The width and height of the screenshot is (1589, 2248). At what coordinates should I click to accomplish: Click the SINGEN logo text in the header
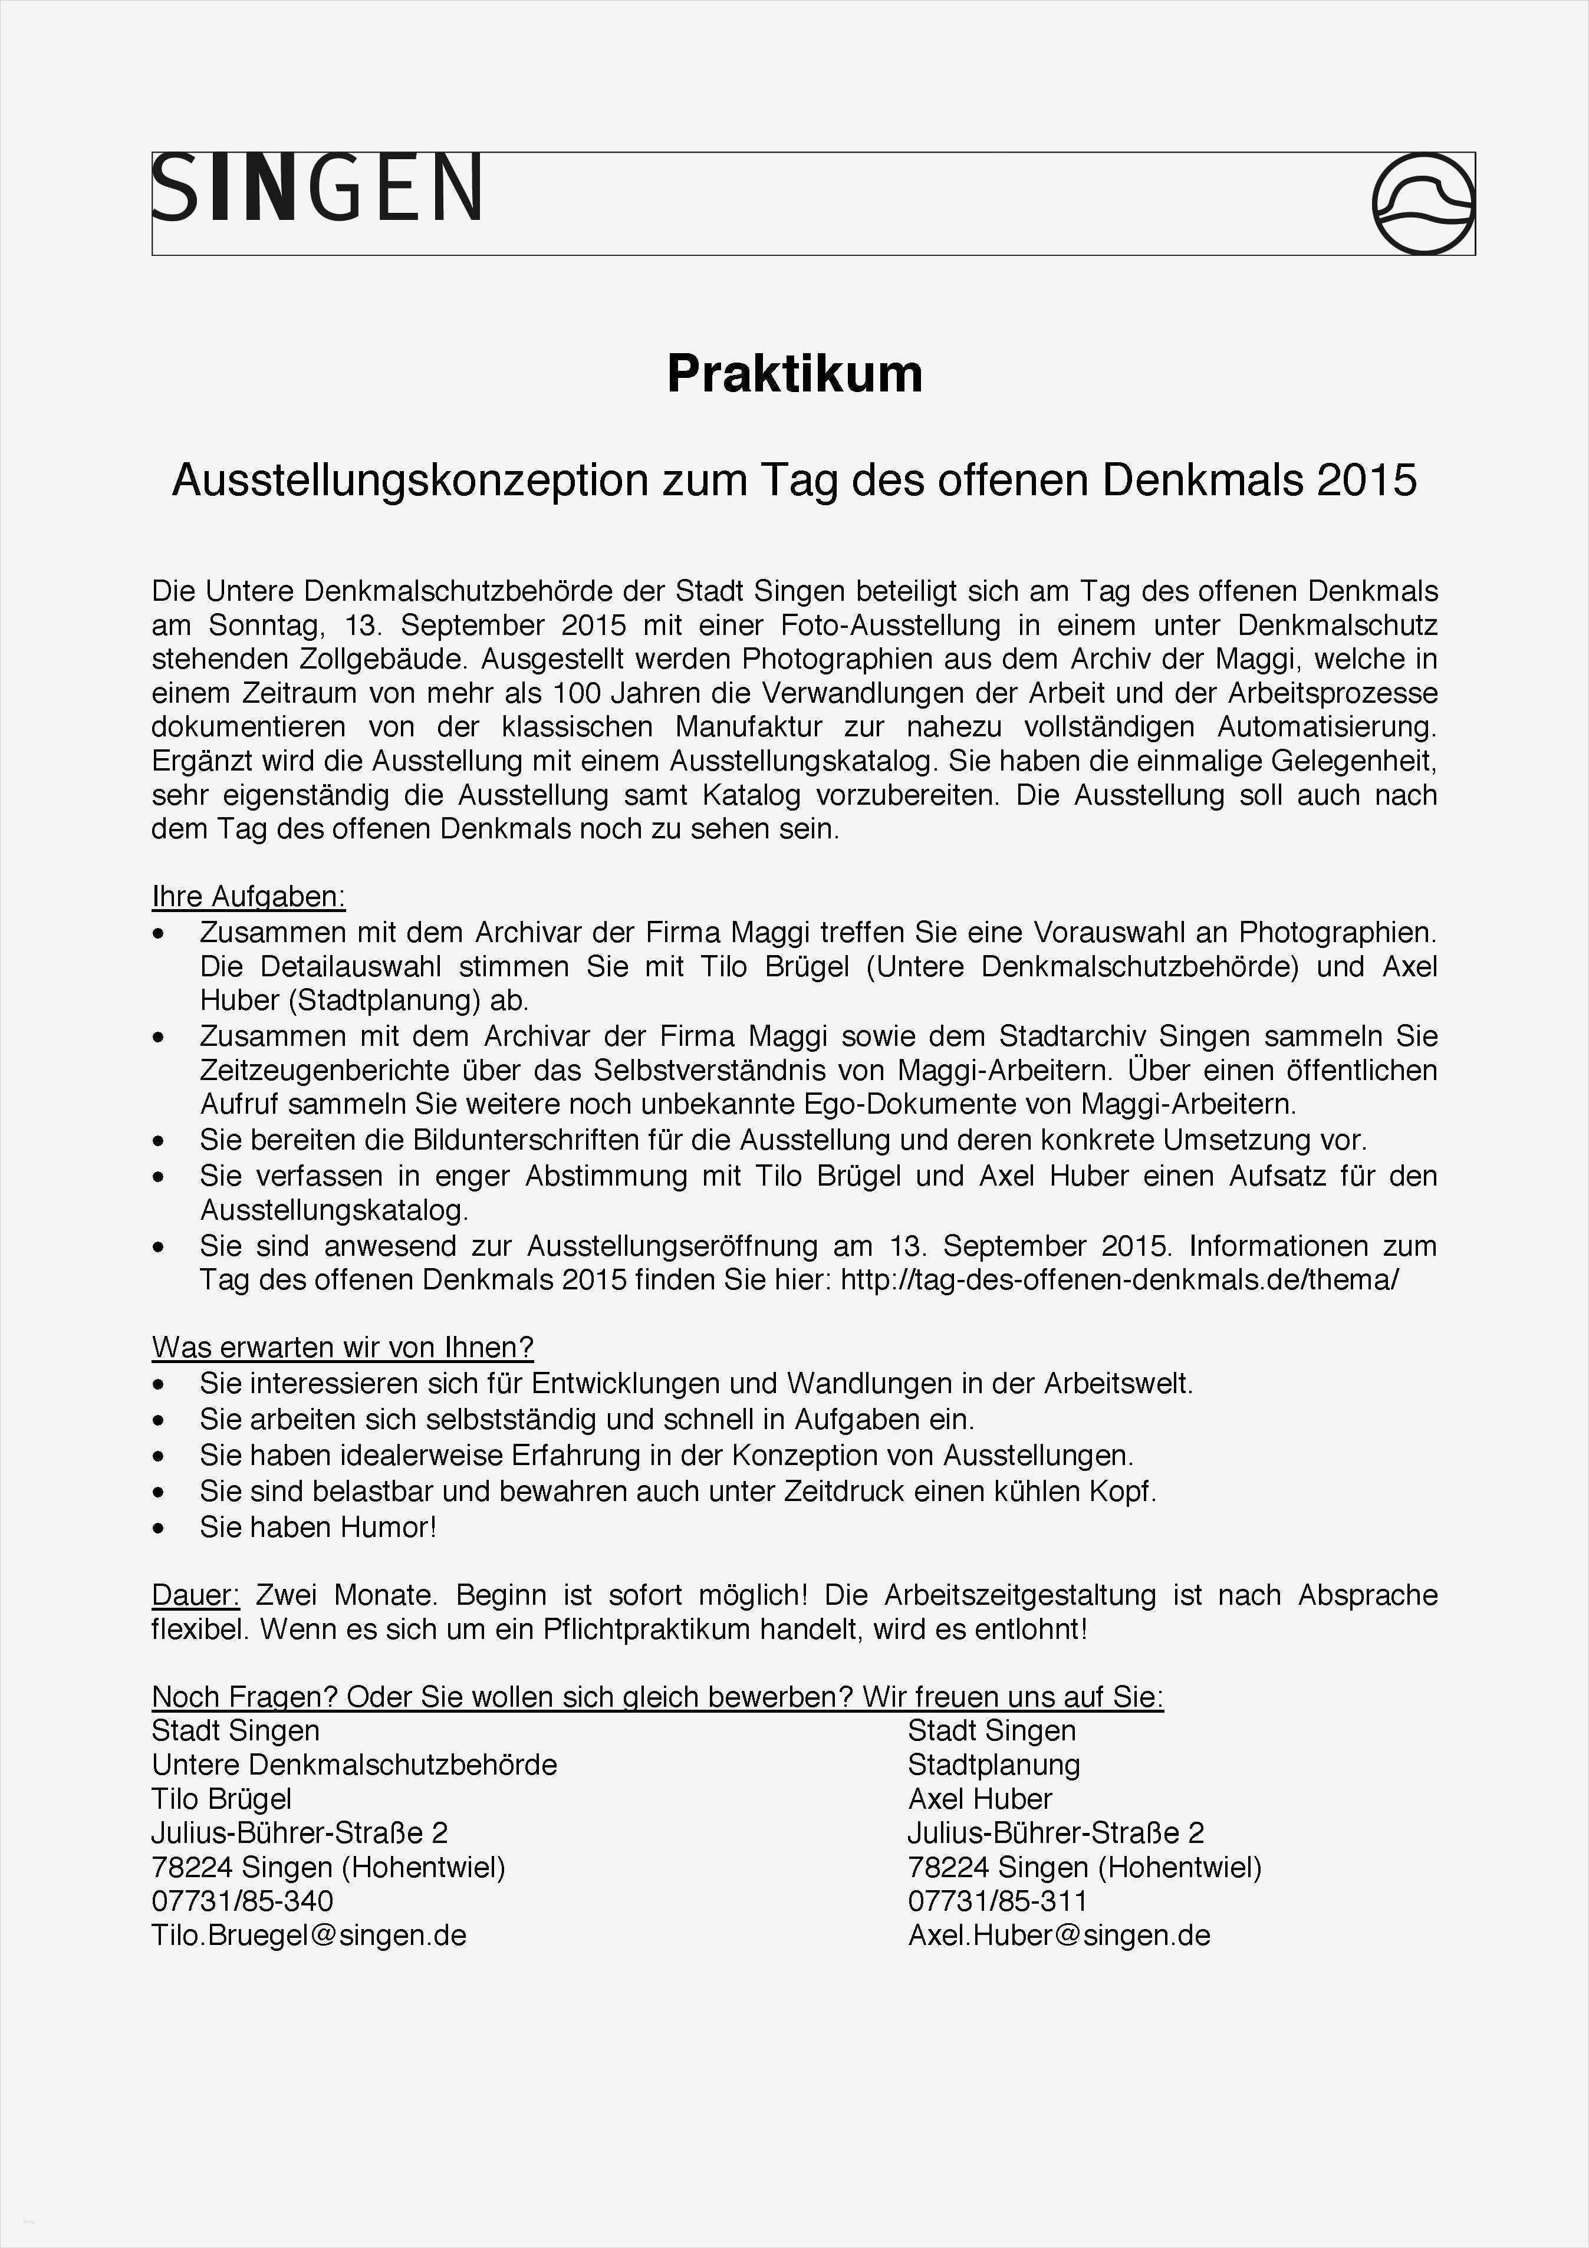316,188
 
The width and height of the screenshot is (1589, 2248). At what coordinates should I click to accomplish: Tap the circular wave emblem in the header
1423,203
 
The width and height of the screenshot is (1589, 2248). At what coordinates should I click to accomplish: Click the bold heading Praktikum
794,374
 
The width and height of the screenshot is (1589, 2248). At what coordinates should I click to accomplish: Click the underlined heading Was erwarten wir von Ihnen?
342,1348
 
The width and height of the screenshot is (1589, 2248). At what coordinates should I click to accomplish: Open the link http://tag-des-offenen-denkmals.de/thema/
1119,1280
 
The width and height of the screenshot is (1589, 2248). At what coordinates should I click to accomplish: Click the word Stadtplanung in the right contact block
993,1765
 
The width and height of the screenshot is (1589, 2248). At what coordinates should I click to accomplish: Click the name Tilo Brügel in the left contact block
221,1799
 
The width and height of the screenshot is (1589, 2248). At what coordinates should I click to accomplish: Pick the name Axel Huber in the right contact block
979,1799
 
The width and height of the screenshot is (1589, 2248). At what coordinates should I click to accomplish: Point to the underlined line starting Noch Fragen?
657,1697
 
